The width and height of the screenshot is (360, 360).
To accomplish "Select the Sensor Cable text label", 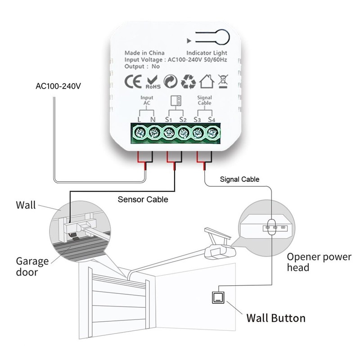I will coord(143,199).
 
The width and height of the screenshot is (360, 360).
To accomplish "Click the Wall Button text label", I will coord(276,318).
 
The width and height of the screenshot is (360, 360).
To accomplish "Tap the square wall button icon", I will coord(218,297).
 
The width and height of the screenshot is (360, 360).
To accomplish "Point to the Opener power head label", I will coord(319,262).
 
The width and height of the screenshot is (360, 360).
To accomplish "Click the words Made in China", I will coord(144,53).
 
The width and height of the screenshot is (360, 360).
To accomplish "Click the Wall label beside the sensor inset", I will coord(26,206).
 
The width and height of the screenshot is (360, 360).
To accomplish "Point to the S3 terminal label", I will coord(197,119).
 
